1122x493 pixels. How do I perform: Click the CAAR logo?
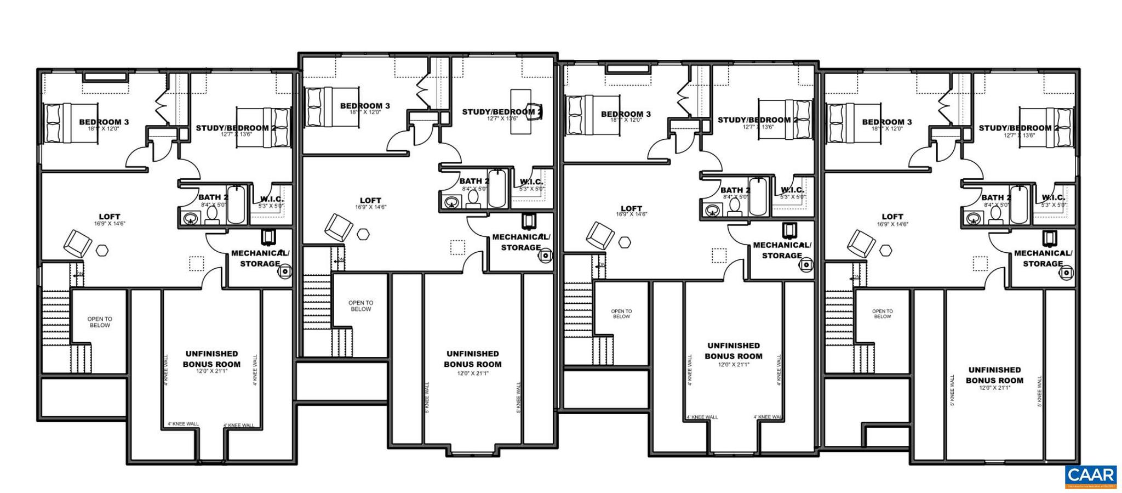pyautogui.click(x=1090, y=476)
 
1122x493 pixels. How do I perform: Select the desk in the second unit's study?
pyautogui.click(x=520, y=111)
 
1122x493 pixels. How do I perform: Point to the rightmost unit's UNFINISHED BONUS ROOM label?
pyautogui.click(x=994, y=375)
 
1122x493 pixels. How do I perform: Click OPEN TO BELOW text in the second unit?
pyautogui.click(x=360, y=306)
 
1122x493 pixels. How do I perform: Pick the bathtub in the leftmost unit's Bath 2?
pyautogui.click(x=236, y=205)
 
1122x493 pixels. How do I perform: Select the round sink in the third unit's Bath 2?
pyautogui.click(x=713, y=210)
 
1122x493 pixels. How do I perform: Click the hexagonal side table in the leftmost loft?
pyautogui.click(x=102, y=251)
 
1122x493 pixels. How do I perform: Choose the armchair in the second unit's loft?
pyautogui.click(x=339, y=227)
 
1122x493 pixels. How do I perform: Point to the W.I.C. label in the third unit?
pyautogui.click(x=792, y=190)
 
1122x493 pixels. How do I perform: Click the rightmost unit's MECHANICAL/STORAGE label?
pyautogui.click(x=1043, y=258)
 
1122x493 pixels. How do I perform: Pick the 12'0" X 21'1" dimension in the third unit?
pyautogui.click(x=733, y=364)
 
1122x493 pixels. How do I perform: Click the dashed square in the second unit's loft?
pyautogui.click(x=457, y=247)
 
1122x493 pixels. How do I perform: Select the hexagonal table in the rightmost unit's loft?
pyautogui.click(x=886, y=250)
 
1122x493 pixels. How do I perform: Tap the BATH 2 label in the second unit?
pyautogui.click(x=474, y=181)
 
